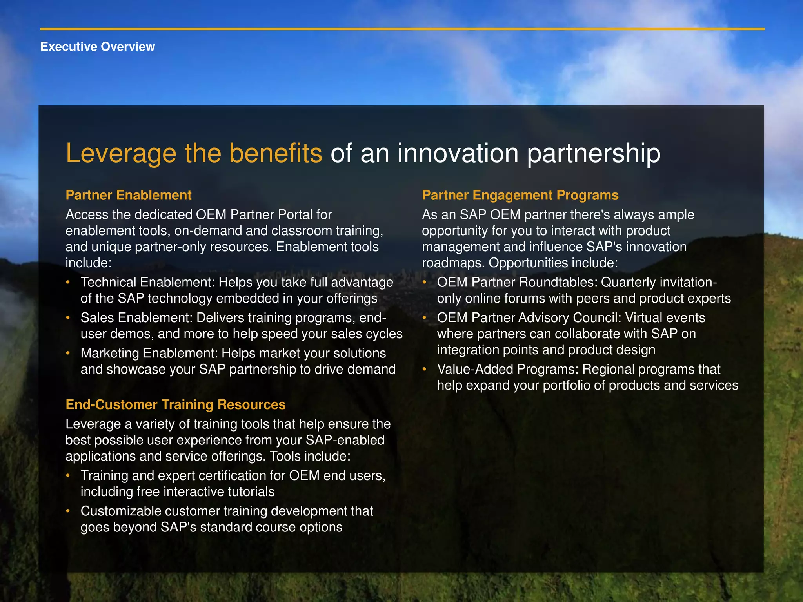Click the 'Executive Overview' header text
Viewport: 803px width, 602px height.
tap(98, 47)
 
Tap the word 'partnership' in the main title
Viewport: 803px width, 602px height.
tap(594, 153)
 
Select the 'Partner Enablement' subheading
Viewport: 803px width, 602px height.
tap(128, 195)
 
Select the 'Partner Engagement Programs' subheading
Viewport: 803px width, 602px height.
tap(520, 195)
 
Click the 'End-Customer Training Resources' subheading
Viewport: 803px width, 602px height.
tap(175, 404)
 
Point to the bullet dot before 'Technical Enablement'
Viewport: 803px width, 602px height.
tap(68, 282)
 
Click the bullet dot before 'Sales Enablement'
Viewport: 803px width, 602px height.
tap(68, 317)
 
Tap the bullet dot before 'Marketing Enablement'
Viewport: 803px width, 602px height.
tap(68, 353)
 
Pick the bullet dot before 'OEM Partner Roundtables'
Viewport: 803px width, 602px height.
tap(424, 282)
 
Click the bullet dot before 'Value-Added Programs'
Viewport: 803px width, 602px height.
tap(424, 369)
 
